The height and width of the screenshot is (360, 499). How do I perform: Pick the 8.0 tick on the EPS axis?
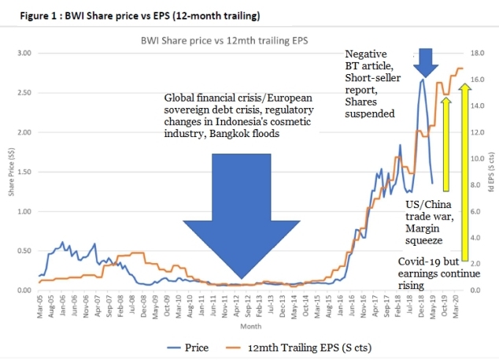click(x=475, y=185)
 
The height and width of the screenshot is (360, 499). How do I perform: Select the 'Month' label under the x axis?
click(x=250, y=325)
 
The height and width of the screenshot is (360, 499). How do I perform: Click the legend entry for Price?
click(x=188, y=346)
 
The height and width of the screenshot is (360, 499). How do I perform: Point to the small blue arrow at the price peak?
click(x=426, y=61)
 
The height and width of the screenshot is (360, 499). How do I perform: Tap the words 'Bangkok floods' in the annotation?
click(x=245, y=133)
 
